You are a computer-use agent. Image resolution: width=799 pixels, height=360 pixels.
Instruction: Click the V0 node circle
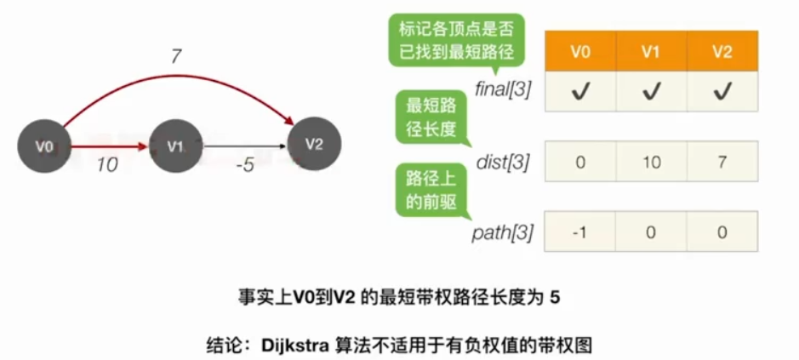(x=44, y=146)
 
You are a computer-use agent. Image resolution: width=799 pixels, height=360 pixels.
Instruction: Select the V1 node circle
(x=175, y=146)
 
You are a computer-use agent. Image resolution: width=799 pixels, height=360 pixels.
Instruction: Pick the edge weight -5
(x=244, y=165)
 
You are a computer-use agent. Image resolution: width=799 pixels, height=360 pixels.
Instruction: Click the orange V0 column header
(x=580, y=51)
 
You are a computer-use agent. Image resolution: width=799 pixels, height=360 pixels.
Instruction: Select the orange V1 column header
(x=651, y=51)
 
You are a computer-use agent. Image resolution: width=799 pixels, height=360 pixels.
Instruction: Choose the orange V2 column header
(x=722, y=51)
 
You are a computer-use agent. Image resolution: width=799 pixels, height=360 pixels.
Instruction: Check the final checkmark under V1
(x=651, y=90)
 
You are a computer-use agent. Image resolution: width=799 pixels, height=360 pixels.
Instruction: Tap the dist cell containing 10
(x=651, y=162)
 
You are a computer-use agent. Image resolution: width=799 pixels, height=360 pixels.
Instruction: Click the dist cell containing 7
(x=722, y=162)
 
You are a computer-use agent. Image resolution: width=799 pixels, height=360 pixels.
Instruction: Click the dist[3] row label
(x=506, y=162)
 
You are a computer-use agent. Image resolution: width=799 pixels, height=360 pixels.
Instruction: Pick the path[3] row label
(x=503, y=233)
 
